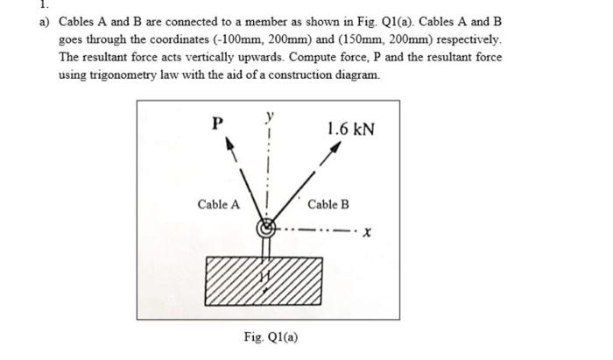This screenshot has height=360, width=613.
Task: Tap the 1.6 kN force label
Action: point(350,130)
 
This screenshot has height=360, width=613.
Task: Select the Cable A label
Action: point(218,204)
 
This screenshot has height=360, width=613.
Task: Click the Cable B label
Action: point(328,204)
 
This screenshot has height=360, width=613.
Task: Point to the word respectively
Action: point(445,40)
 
